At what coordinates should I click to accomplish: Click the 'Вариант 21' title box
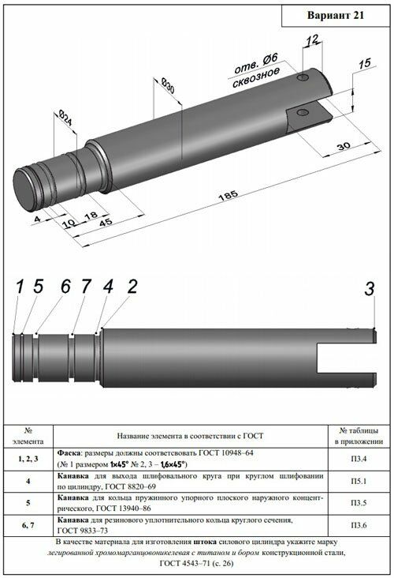336,16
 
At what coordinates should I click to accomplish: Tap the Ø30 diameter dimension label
168,86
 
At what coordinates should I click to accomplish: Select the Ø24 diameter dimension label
65,118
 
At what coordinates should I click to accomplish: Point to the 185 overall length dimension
229,195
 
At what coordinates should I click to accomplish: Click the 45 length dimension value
106,223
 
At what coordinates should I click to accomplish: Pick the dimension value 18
91,215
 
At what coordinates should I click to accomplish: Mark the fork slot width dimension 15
364,63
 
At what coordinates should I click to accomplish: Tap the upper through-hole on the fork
303,77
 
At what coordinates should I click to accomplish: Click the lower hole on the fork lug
302,112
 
